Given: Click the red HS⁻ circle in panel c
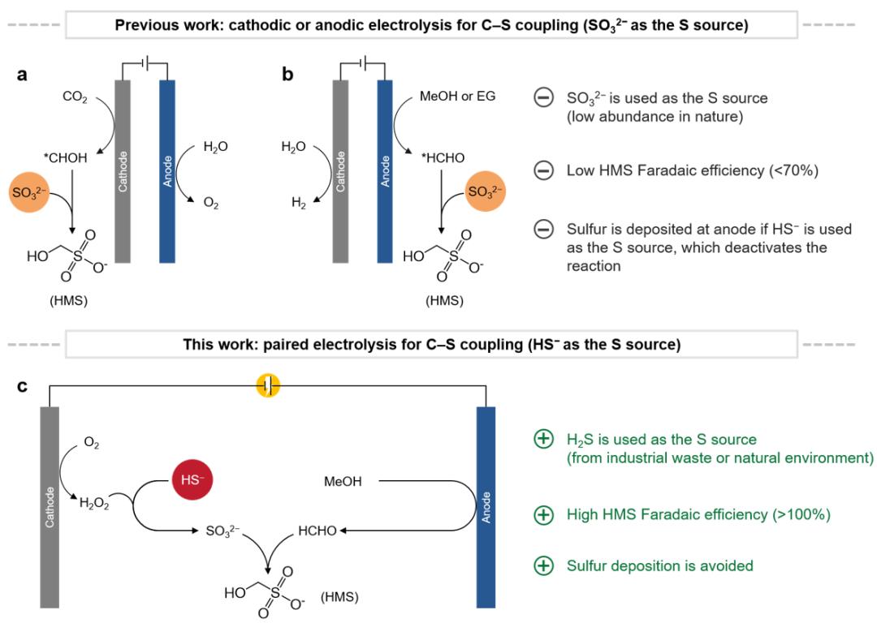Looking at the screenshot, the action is [192, 479].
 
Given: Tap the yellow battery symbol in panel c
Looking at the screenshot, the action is [268, 386].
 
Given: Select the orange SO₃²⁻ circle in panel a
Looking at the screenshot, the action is [30, 193].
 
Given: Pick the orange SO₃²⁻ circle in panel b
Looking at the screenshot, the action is [485, 191].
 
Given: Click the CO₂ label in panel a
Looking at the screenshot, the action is [75, 97].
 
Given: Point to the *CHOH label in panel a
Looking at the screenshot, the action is [66, 158].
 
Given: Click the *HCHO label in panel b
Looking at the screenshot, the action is [443, 158].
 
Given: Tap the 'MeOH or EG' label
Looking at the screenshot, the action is [457, 96].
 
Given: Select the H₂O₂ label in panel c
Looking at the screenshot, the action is [94, 504].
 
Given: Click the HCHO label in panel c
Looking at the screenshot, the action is [318, 531].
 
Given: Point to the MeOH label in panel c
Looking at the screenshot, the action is [343, 481].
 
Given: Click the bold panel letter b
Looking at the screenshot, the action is [287, 74].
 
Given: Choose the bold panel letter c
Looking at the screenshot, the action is [22, 386].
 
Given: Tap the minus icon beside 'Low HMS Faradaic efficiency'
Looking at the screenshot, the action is [543, 170].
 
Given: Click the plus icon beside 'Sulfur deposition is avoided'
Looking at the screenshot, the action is [543, 565].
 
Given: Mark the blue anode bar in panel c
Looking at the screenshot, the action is [486, 507].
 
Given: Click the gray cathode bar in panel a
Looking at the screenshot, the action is [123, 171].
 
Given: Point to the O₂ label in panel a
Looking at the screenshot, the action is [211, 204].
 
